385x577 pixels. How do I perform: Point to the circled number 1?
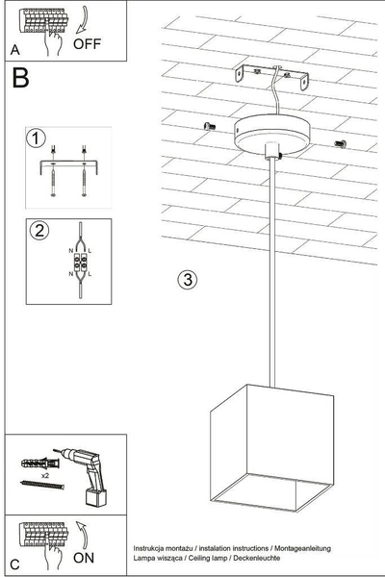click(36, 139)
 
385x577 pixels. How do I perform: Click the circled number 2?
click(39, 231)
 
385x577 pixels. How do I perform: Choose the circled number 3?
click(188, 280)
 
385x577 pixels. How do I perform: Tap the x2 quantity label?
click(57, 475)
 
